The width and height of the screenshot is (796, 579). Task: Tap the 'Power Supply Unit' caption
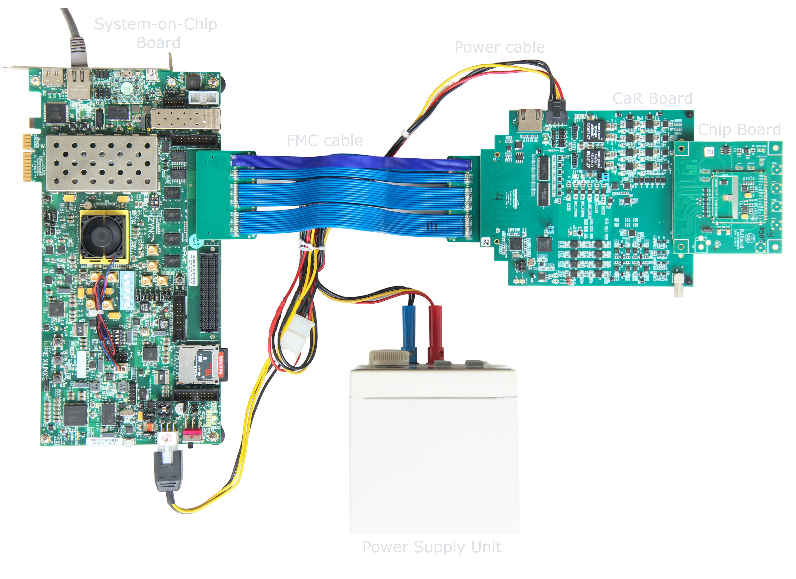tap(432, 547)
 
